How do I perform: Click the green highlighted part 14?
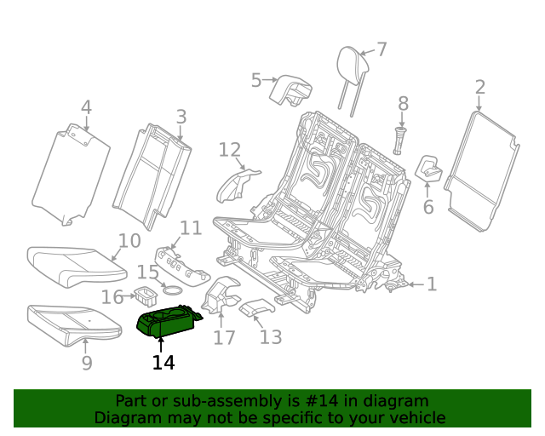pyautogui.click(x=169, y=324)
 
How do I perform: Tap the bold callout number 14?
pyautogui.click(x=163, y=363)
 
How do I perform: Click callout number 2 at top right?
pyautogui.click(x=479, y=87)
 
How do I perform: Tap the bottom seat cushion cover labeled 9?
pyautogui.click(x=72, y=320)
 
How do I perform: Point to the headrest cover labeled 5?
pyautogui.click(x=289, y=89)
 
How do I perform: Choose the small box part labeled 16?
pyautogui.click(x=145, y=296)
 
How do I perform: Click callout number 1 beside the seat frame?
pyautogui.click(x=432, y=284)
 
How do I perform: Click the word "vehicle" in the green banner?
pyautogui.click(x=414, y=417)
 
